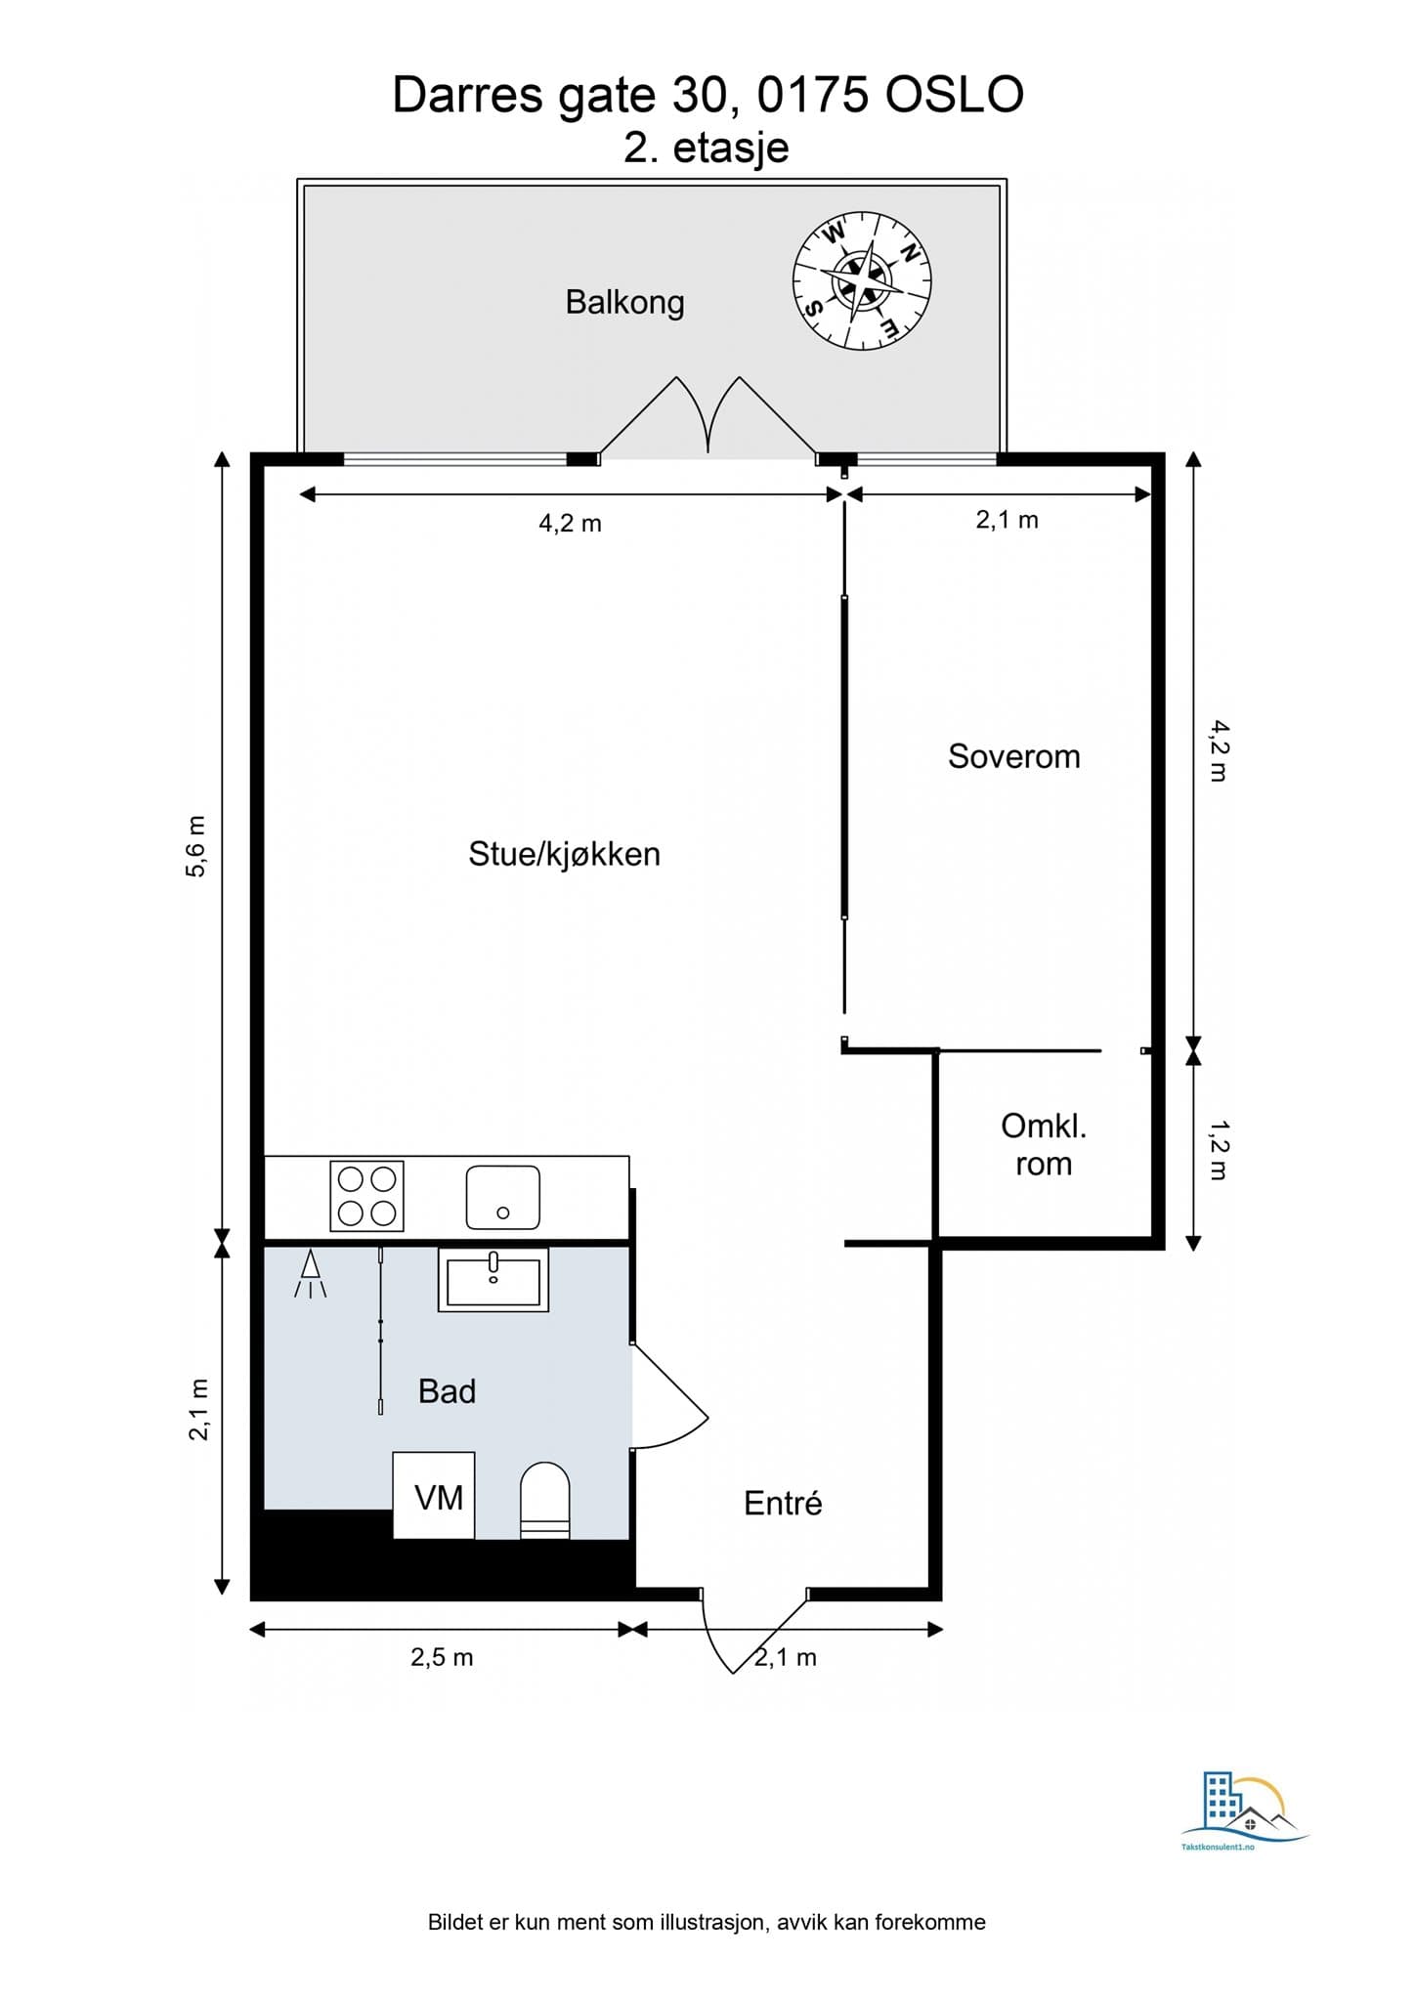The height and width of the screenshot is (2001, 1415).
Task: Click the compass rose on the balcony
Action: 861,280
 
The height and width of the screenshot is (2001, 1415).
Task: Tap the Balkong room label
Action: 624,302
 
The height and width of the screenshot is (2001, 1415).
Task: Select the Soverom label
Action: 1013,756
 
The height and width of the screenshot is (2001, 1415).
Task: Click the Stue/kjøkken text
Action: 564,854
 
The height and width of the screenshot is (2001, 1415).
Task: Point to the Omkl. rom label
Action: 1043,1144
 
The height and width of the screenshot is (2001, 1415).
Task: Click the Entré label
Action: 782,1503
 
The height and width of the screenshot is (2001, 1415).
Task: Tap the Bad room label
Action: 447,1391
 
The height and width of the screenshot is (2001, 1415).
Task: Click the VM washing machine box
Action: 435,1496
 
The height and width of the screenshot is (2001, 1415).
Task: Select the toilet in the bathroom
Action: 544,1500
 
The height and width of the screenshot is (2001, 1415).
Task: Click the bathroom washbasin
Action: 493,1280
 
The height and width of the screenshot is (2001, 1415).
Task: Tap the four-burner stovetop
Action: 366,1196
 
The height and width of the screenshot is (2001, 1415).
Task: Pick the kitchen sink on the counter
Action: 502,1197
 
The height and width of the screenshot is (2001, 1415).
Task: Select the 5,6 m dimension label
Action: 196,846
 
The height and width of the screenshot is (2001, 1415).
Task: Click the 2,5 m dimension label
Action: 442,1657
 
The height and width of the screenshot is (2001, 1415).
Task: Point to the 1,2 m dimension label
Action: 1218,1150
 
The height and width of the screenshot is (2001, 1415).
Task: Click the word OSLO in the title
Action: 954,96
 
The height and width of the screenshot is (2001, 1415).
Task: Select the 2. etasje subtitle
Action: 706,149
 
